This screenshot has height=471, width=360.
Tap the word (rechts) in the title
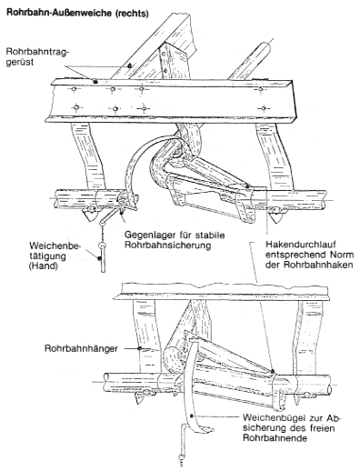(132, 14)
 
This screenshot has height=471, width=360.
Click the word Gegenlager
(149, 235)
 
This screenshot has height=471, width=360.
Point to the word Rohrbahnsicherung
(167, 246)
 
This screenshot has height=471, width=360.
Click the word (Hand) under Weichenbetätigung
(44, 266)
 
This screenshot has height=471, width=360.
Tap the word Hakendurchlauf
(299, 244)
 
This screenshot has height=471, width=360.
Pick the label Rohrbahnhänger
(81, 348)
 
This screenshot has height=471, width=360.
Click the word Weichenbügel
(272, 417)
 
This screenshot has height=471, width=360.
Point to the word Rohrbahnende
(275, 438)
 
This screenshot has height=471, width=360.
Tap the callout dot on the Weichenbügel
(192, 416)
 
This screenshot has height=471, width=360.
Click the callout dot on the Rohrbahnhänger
(139, 348)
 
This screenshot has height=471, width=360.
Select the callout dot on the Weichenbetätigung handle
(99, 258)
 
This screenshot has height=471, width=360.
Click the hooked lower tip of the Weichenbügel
(212, 429)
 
